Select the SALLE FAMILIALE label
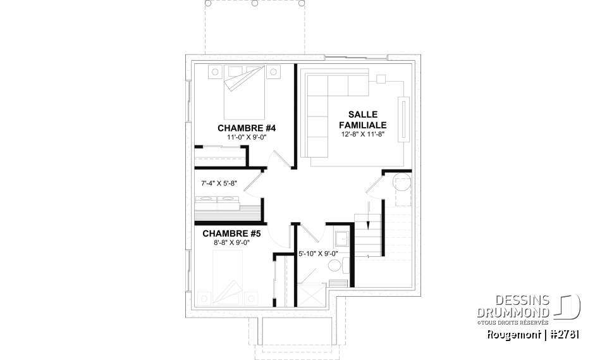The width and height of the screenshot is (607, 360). pyautogui.click(x=362, y=120)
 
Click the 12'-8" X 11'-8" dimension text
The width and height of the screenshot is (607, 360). pyautogui.click(x=362, y=134)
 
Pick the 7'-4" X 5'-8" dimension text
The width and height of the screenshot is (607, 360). pyautogui.click(x=218, y=184)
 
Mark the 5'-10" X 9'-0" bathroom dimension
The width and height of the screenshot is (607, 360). pyautogui.click(x=318, y=254)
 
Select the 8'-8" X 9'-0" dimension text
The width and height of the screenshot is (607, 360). pyautogui.click(x=228, y=242)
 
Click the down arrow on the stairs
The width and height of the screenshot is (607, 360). pyautogui.click(x=367, y=227)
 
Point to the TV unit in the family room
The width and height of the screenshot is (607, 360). pyautogui.click(x=403, y=120)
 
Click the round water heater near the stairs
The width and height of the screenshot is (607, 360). pyautogui.click(x=402, y=185)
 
